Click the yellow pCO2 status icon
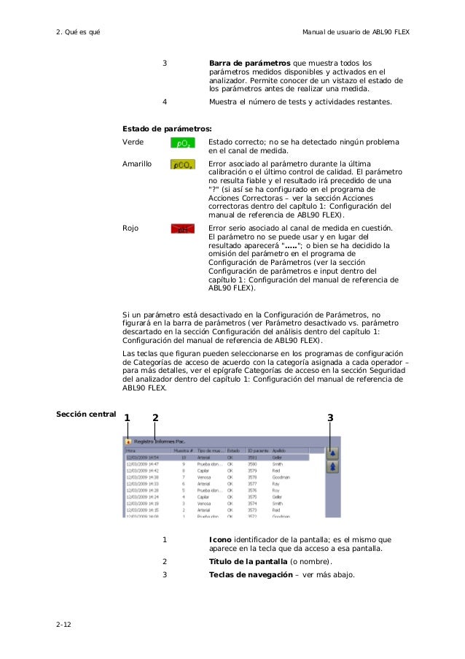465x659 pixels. (x=182, y=166)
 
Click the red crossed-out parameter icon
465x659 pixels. (x=182, y=230)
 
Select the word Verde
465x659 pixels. (x=133, y=142)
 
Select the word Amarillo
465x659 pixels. (x=137, y=164)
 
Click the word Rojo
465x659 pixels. (x=130, y=228)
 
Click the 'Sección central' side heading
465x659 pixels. (x=86, y=415)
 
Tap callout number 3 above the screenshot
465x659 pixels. (x=330, y=417)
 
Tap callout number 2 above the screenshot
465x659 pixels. (x=155, y=417)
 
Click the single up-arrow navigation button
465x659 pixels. (x=332, y=452)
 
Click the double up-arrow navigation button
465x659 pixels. (x=332, y=468)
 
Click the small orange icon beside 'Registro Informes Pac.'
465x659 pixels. (x=128, y=442)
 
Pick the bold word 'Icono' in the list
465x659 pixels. (x=220, y=540)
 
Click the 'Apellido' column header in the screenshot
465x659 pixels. (x=281, y=451)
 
